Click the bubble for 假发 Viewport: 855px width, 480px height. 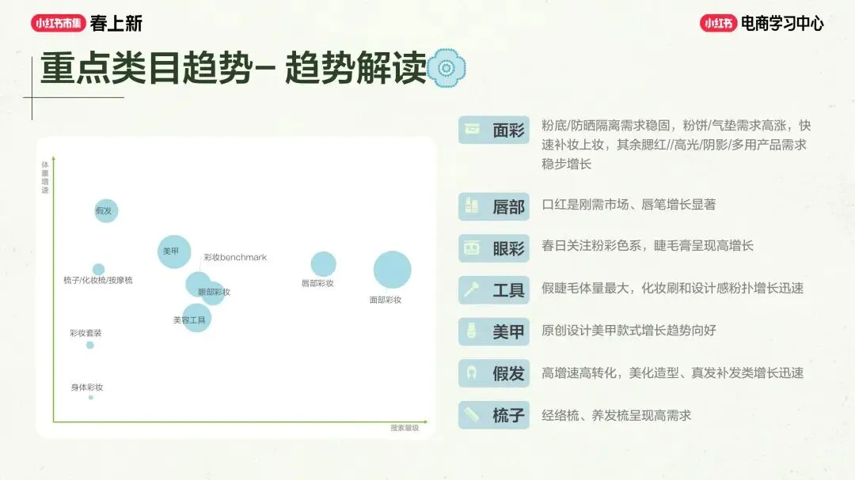pos(106,210)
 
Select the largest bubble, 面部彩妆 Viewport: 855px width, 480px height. pos(392,270)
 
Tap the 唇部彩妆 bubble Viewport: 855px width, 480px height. pos(323,264)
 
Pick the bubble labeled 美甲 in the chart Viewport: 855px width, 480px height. pos(174,251)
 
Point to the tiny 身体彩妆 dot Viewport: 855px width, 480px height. pos(91,397)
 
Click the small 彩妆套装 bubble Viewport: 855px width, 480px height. pos(90,345)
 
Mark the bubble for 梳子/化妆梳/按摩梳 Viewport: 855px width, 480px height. pos(98,270)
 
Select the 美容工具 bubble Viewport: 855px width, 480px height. pos(196,317)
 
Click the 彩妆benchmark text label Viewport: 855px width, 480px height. pos(235,258)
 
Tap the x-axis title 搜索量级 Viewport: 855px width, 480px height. pos(405,428)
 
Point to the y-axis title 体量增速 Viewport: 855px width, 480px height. pos(44,177)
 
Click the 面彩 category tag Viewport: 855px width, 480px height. pos(494,130)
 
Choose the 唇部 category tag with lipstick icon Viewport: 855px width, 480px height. pos(494,207)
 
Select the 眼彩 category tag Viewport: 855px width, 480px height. pos(494,248)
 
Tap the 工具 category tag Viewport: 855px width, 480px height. pos(494,290)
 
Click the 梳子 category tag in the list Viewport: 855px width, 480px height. pos(494,414)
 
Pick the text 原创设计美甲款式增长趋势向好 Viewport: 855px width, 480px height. pos(629,331)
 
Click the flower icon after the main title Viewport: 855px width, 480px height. pos(446,68)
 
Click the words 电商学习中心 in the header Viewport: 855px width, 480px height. pos(781,24)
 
